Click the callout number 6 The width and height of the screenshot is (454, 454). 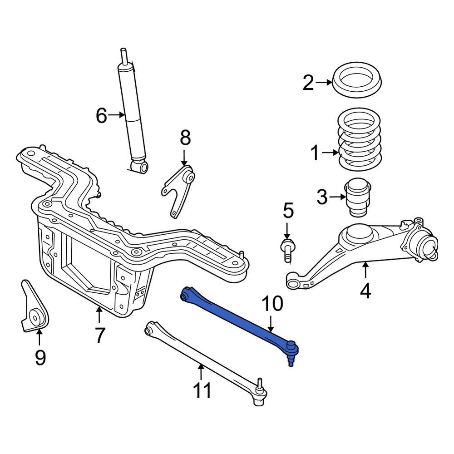click(101, 116)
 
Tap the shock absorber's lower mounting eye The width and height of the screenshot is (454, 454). click(142, 168)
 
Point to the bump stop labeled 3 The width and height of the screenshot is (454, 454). click(357, 198)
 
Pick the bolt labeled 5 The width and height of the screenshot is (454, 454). click(287, 251)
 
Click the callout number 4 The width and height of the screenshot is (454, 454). click(365, 291)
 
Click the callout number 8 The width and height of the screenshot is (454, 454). click(185, 138)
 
